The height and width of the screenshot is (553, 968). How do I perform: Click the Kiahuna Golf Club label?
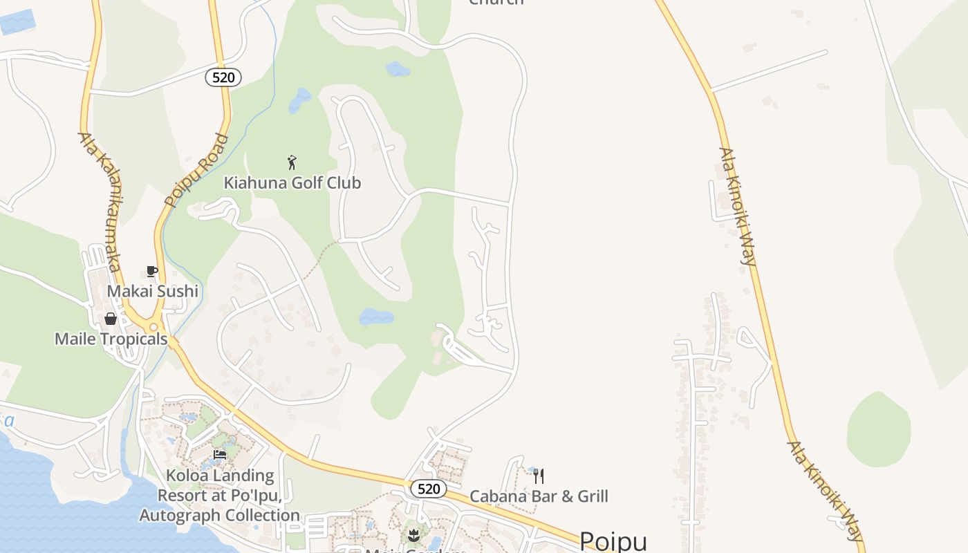coord(292,183)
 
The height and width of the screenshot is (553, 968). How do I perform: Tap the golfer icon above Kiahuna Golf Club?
coord(292,162)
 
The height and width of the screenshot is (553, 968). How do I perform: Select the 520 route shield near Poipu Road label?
coord(223,77)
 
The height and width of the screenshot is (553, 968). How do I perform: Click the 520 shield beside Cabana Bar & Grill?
coord(429,489)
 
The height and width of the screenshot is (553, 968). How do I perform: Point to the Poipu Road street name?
coord(197,171)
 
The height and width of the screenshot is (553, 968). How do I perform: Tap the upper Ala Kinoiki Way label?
coord(738,206)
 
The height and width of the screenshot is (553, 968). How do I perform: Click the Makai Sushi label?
coord(152,291)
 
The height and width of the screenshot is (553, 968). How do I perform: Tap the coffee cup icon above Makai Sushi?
coord(152,271)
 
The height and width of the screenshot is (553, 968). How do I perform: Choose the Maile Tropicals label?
coord(111,339)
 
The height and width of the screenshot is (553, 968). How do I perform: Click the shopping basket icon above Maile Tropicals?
coord(110,319)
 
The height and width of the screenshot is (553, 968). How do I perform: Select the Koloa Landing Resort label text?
coord(219,495)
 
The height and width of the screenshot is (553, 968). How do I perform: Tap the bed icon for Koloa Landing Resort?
coord(220,454)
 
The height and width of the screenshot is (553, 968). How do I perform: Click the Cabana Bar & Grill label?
coord(539,496)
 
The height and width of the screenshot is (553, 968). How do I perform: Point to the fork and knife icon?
coord(539,476)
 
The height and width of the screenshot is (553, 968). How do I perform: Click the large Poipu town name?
coord(613,541)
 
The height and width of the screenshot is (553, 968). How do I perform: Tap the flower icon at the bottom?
coord(413,534)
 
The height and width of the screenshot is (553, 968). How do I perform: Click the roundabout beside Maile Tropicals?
coord(153,326)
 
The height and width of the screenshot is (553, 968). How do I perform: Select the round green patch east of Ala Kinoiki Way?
coord(879,429)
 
